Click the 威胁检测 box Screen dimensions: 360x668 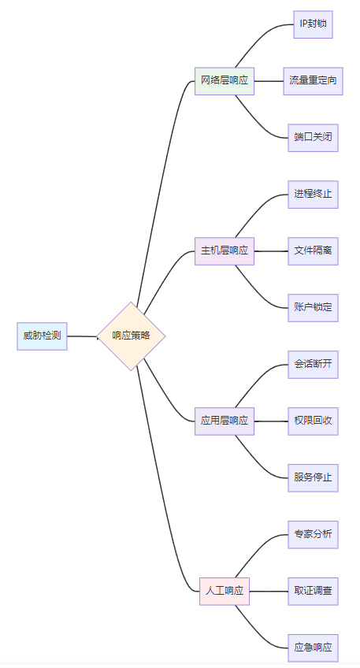(x=43, y=336)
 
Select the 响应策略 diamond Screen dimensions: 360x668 (x=131, y=336)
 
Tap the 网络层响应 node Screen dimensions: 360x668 (x=225, y=81)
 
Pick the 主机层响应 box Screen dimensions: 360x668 (x=225, y=251)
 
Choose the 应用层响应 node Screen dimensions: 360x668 (x=225, y=421)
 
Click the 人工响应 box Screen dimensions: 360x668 (x=225, y=591)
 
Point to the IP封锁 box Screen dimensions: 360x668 (x=314, y=24)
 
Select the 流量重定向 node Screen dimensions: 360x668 (x=314, y=81)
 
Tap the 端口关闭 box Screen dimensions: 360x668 (x=314, y=138)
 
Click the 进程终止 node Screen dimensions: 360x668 (x=314, y=195)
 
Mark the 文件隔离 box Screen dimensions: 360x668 (x=314, y=251)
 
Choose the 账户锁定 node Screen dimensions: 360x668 (x=314, y=307)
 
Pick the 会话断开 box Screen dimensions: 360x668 (x=314, y=364)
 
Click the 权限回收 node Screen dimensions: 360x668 (x=314, y=421)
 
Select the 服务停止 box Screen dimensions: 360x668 (x=314, y=477)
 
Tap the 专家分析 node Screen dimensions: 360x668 (x=314, y=534)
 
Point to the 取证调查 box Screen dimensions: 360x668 (x=314, y=591)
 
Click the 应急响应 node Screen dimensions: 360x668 (x=314, y=648)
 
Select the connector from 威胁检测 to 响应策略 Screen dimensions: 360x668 (x=82, y=336)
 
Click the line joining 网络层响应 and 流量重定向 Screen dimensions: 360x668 (x=269, y=81)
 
